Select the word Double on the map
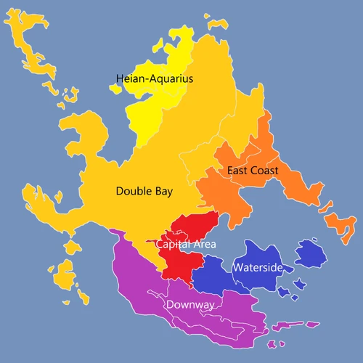coord(134,192)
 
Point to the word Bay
coord(163,192)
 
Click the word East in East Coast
coord(238,171)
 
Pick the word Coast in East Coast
coord(265,171)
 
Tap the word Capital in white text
coord(171,244)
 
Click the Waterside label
coord(257,268)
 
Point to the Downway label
coord(191,305)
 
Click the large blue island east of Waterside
coord(311,253)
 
